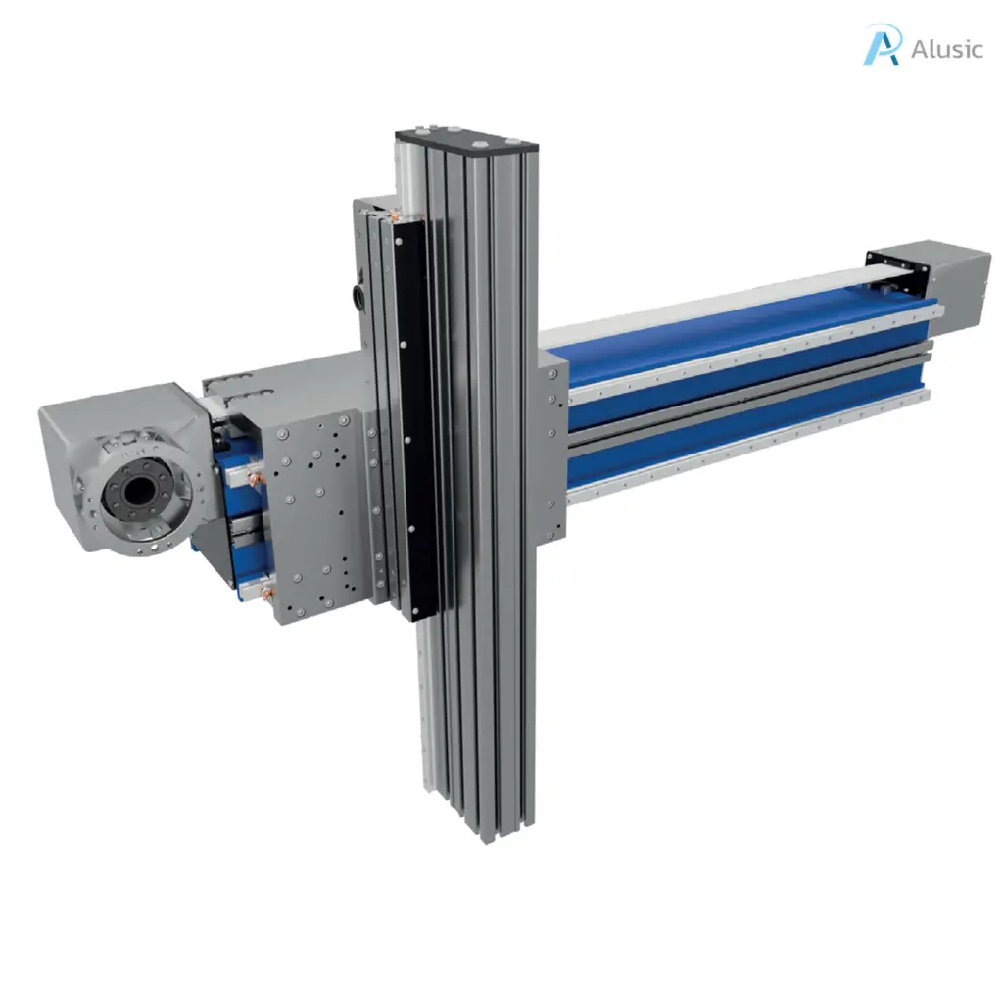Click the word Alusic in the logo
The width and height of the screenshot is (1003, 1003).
[946, 48]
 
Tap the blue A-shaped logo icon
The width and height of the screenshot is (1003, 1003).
[882, 46]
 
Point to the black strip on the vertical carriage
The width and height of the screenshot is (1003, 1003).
[415, 411]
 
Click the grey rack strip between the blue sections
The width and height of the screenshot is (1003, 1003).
[744, 402]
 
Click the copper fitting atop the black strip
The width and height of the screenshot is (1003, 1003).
[398, 215]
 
